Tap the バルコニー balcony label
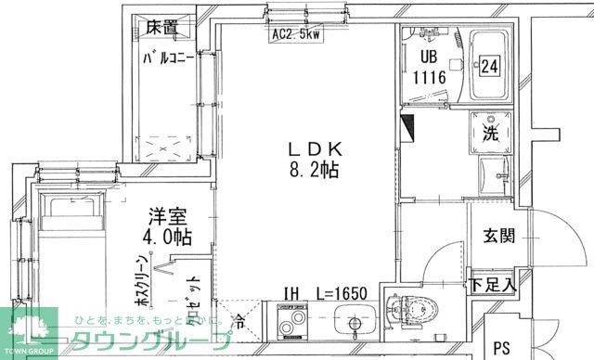point(169,58)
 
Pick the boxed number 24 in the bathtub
point(490,66)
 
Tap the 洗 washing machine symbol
point(489,132)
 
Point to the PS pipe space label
point(502,349)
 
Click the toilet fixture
point(408,315)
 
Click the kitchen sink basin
point(355,325)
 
